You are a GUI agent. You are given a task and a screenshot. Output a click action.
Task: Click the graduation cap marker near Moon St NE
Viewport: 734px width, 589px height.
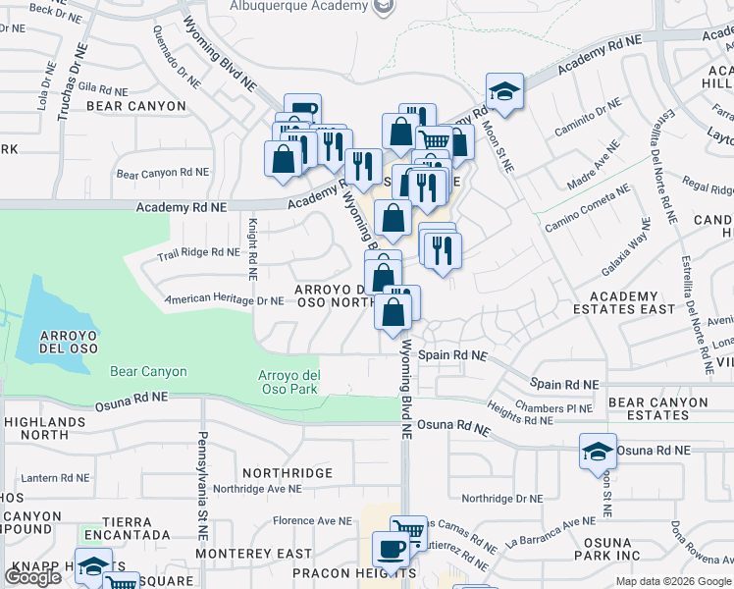click(505, 92)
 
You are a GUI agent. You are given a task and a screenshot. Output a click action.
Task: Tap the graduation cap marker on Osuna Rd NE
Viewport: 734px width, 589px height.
click(598, 452)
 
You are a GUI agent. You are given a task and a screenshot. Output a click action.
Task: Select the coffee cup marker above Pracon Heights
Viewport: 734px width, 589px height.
click(392, 549)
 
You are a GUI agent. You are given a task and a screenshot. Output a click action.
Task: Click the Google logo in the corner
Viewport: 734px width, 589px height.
click(32, 577)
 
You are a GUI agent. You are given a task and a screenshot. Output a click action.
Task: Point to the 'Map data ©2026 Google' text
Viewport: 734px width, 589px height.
click(673, 581)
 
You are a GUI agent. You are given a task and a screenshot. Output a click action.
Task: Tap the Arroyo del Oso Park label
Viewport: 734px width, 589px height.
click(288, 382)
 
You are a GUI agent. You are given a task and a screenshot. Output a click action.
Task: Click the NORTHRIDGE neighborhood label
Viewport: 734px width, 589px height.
click(288, 473)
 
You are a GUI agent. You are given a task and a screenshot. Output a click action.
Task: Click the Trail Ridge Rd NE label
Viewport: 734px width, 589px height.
click(198, 252)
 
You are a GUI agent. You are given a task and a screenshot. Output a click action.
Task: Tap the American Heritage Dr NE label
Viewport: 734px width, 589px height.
click(224, 300)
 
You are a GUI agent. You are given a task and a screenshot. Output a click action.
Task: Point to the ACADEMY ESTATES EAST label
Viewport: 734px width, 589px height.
click(632, 302)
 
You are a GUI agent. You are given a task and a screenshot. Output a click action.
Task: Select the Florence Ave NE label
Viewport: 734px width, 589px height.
click(312, 521)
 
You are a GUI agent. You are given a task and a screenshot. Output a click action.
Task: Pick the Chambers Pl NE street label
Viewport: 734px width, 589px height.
click(554, 407)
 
